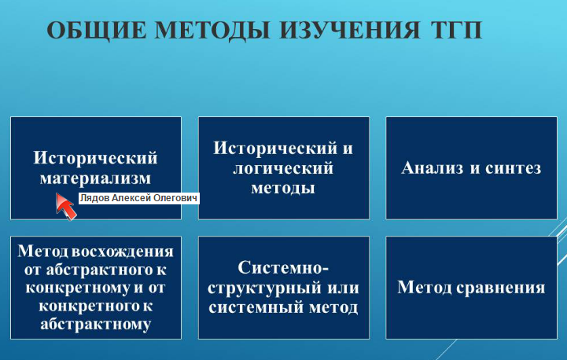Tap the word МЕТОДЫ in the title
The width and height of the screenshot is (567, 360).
(x=212, y=30)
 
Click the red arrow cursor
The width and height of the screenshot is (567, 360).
(x=65, y=206)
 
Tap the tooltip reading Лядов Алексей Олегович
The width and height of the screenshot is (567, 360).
(x=139, y=198)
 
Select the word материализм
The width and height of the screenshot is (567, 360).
(x=95, y=178)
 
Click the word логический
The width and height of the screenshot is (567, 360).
(x=283, y=169)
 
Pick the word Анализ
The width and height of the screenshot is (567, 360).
(x=432, y=167)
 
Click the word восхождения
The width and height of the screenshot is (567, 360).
(x=123, y=252)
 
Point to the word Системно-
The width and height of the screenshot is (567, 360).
(x=283, y=268)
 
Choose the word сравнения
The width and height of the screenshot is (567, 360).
(x=500, y=288)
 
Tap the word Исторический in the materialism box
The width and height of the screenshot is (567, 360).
(x=95, y=158)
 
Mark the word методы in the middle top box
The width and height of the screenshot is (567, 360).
(x=283, y=189)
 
